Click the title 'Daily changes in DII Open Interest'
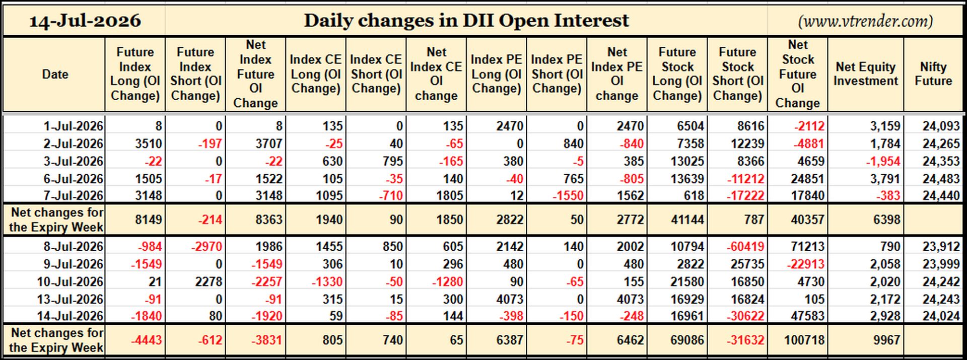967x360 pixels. [x=466, y=21]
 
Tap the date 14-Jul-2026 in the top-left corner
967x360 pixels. [x=85, y=21]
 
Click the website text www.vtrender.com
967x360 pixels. [x=866, y=21]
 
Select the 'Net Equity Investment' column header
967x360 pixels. [x=866, y=74]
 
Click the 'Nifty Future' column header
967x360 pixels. [x=933, y=74]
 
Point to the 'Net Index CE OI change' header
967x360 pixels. [x=436, y=74]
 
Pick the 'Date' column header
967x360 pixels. [x=55, y=75]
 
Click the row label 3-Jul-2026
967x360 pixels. [x=73, y=161]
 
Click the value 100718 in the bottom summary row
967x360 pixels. [x=804, y=340]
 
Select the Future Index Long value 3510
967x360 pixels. [x=148, y=143]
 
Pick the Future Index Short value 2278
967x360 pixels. [x=208, y=281]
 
